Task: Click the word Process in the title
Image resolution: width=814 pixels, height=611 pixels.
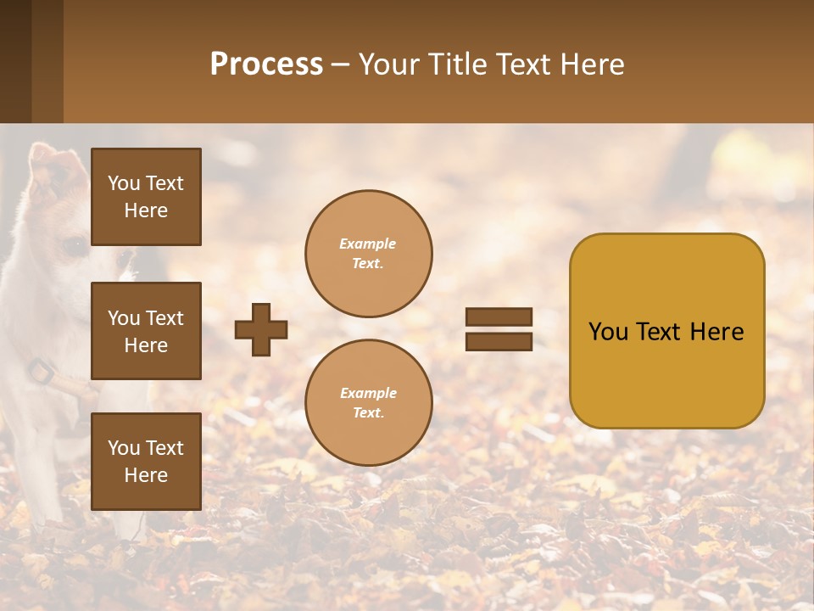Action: (x=266, y=64)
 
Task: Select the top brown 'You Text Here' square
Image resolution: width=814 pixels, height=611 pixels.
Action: (x=146, y=197)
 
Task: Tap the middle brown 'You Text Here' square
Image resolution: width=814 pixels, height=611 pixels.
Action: (x=146, y=331)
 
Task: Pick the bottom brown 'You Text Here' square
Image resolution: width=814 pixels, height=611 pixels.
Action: (x=146, y=461)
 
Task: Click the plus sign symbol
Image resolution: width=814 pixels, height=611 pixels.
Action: (x=261, y=329)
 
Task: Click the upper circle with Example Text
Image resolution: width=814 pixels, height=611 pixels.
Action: (x=369, y=254)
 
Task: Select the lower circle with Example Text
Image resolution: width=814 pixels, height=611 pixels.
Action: (x=369, y=403)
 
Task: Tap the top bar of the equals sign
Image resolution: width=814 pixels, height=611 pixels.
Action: (x=499, y=317)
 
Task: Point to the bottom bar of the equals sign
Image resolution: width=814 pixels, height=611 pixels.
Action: (x=499, y=341)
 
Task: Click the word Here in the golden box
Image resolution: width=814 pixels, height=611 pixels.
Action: (x=716, y=332)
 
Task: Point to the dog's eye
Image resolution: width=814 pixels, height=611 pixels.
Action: (x=75, y=246)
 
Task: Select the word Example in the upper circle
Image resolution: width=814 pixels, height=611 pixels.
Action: (x=367, y=244)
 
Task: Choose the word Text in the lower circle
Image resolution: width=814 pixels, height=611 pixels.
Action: (x=367, y=413)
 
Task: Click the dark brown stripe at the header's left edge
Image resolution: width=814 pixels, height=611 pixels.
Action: (x=15, y=61)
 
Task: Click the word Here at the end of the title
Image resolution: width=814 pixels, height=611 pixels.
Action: (x=590, y=64)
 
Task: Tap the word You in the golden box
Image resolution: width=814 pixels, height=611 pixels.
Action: (x=608, y=332)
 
